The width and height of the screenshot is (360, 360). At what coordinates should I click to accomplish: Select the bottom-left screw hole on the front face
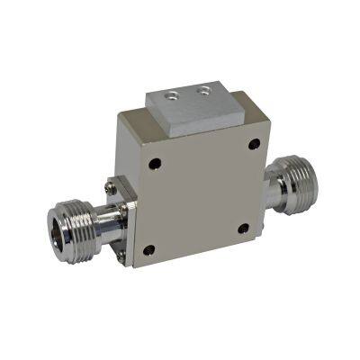click(149, 249)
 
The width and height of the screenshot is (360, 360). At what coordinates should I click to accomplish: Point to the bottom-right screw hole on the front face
click(243, 229)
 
